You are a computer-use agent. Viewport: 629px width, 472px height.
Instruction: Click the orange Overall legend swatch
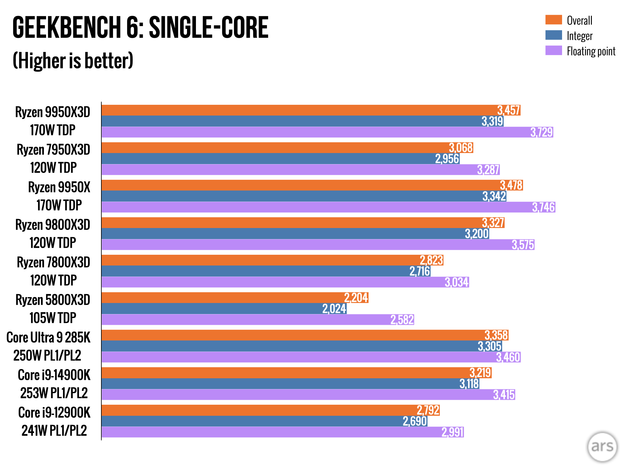click(x=553, y=20)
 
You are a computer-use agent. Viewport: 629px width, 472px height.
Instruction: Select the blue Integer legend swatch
click(x=553, y=35)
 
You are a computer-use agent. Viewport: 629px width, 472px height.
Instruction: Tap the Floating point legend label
click(x=591, y=51)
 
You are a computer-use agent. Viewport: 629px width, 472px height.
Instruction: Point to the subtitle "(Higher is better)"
click(x=73, y=61)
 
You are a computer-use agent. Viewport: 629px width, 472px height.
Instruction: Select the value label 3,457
click(x=509, y=110)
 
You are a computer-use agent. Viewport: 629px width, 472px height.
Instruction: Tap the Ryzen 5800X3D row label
click(x=53, y=300)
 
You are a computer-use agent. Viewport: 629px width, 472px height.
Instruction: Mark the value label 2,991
click(x=452, y=432)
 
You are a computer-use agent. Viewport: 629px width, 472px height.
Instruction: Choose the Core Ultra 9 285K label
click(x=49, y=338)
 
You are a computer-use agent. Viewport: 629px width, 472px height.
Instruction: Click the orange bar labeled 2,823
click(x=261, y=260)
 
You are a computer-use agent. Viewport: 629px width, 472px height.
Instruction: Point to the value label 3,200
click(x=477, y=234)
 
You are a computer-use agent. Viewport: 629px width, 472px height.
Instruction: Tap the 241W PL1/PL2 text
click(x=54, y=431)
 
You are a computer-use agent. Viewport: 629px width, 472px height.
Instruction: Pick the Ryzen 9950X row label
click(x=59, y=187)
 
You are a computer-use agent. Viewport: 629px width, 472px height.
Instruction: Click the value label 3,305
click(x=490, y=346)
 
